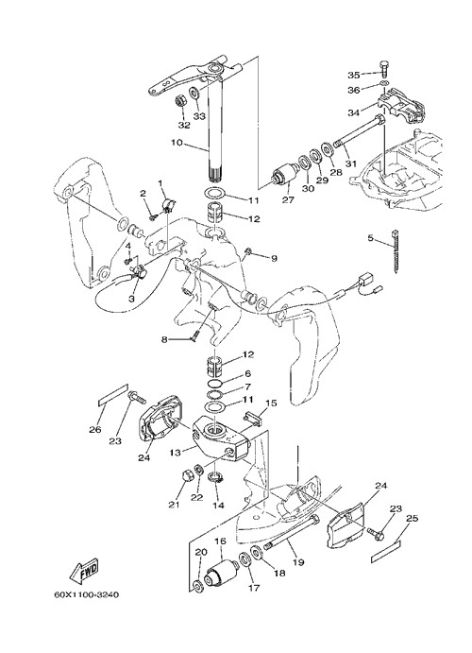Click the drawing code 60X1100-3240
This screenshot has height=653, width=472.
click(x=87, y=594)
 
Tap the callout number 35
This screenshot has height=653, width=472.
click(x=353, y=75)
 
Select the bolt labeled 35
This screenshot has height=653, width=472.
click(x=383, y=69)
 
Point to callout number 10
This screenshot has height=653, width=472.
click(x=177, y=143)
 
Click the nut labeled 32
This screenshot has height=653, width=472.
click(x=179, y=101)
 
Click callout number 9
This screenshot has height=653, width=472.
click(x=274, y=259)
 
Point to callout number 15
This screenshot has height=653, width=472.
click(x=271, y=404)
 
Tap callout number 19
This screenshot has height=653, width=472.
click(x=298, y=562)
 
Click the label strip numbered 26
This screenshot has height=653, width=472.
click(x=112, y=395)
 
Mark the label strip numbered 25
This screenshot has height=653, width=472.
click(x=387, y=551)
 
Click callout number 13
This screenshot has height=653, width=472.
click(x=176, y=453)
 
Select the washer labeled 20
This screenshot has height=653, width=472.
click(x=199, y=586)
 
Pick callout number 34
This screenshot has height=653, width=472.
click(x=354, y=112)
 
